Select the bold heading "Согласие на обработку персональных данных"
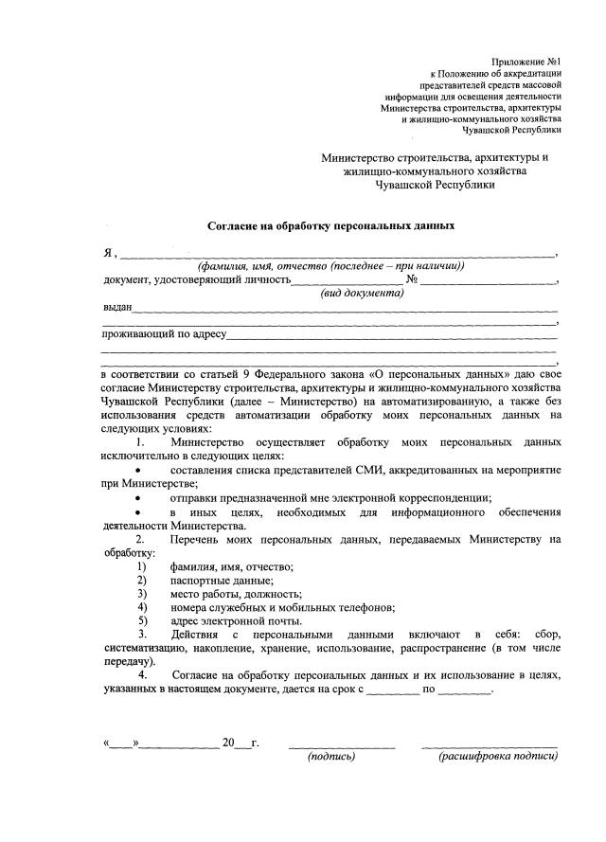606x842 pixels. (x=331, y=227)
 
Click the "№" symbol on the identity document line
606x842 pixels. (x=412, y=279)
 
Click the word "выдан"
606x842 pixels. (x=117, y=307)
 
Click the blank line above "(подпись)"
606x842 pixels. (x=342, y=744)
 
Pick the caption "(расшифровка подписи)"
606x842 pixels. (x=497, y=757)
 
